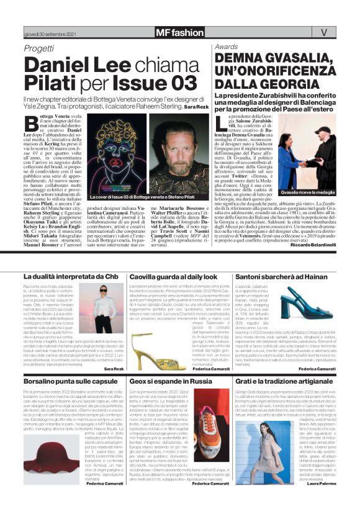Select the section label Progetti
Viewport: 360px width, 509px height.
pos(38,48)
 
